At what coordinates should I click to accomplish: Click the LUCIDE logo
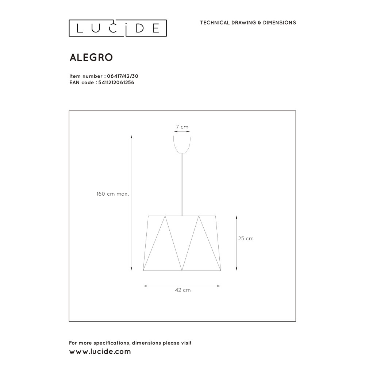click(x=118, y=28)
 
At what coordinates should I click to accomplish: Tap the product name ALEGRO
click(x=91, y=58)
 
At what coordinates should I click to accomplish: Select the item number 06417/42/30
click(x=123, y=76)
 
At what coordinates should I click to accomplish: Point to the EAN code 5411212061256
click(x=116, y=82)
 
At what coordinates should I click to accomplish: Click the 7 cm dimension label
click(x=182, y=127)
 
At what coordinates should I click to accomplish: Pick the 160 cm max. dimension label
click(x=113, y=194)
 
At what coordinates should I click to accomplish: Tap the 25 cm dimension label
click(x=246, y=238)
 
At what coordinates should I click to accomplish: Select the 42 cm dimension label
click(x=183, y=290)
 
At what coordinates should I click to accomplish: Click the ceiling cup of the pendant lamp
click(x=182, y=144)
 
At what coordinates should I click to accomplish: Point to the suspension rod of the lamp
click(x=182, y=184)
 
